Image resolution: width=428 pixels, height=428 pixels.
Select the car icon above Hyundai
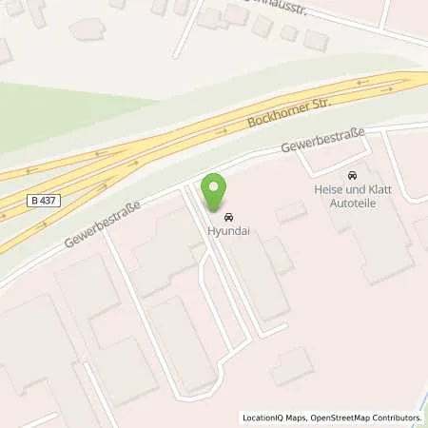pyautogui.click(x=226, y=215)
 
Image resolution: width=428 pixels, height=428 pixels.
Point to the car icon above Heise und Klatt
pyautogui.click(x=352, y=176)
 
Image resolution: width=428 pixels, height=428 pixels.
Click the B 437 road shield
pyautogui.click(x=43, y=201)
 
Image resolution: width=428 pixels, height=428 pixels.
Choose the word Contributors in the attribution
pyautogui.click(x=394, y=417)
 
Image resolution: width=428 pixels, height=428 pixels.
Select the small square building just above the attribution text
pyautogui.click(x=291, y=365)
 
